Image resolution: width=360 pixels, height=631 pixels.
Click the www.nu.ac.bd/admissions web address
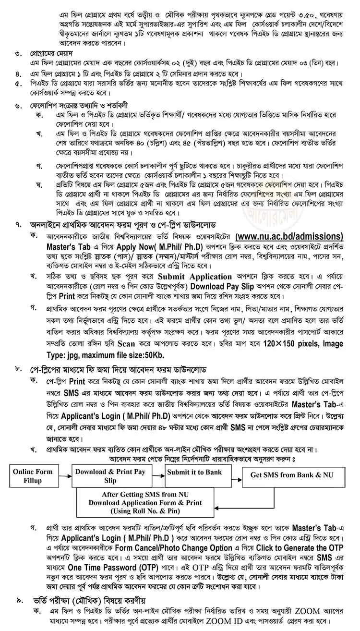pyautogui.click(x=289, y=237)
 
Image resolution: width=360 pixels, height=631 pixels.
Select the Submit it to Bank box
pyautogui.click(x=195, y=473)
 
